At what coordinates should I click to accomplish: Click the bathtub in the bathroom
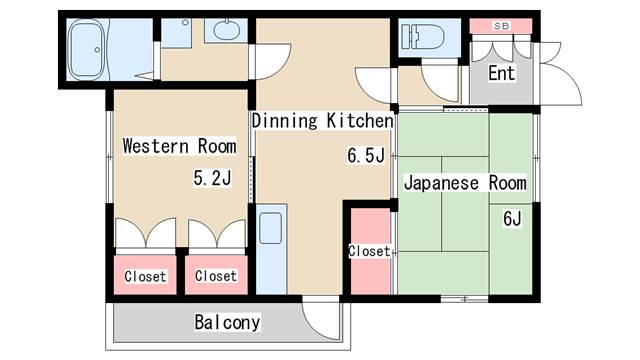pos(88,49)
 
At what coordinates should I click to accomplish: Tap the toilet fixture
pos(423,37)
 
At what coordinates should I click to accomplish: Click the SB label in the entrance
pos(501,26)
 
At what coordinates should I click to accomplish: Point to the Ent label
pos(502,73)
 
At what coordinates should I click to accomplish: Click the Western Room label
pos(180,146)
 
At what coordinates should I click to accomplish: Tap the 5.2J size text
pos(212,178)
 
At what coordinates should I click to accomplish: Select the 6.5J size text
pos(366,156)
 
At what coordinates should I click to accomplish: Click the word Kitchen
pos(360,121)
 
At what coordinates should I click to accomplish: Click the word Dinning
pos(284,121)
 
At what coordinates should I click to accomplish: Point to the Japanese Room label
pos(465,182)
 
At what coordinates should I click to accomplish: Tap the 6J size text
pos(512,219)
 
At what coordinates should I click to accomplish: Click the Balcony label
pos(227,322)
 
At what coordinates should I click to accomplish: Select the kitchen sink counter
pos(271,249)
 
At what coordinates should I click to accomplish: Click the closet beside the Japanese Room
pos(371,251)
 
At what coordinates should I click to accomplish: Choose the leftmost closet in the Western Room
pos(145,275)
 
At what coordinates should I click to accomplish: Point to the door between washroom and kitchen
pos(270,62)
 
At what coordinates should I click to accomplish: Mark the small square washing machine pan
pos(176,33)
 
